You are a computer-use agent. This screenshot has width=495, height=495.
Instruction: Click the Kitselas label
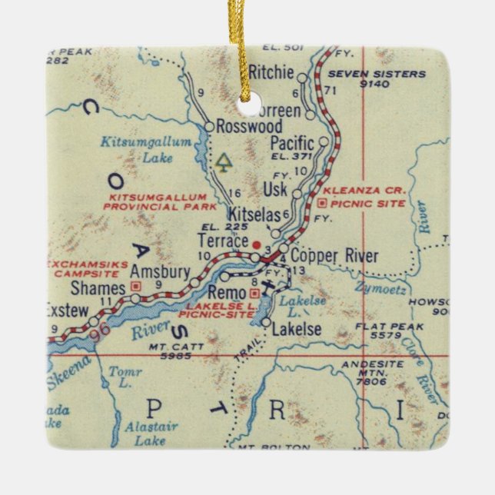click(254, 216)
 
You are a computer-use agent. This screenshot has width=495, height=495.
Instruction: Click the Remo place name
click(225, 292)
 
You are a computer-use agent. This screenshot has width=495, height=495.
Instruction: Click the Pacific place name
click(293, 143)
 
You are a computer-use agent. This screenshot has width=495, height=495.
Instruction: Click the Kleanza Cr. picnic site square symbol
click(322, 204)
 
